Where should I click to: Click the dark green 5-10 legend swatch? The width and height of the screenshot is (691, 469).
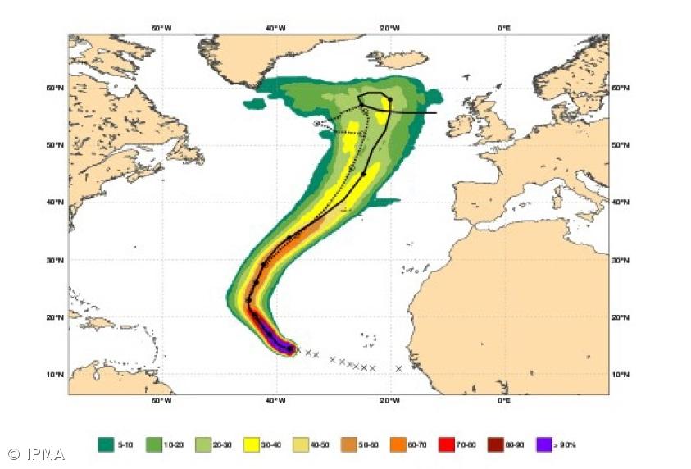coord(106,444)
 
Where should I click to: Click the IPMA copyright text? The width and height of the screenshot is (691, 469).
coord(37,453)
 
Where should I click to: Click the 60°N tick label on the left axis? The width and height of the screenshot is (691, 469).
coord(56,88)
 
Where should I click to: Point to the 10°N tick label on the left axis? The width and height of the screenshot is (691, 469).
coord(56,375)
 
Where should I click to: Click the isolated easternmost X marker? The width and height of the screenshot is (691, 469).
coord(399,368)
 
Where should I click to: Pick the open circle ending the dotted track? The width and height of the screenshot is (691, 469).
coord(316,124)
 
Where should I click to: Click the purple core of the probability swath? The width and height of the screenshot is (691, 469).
coord(273,337)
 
